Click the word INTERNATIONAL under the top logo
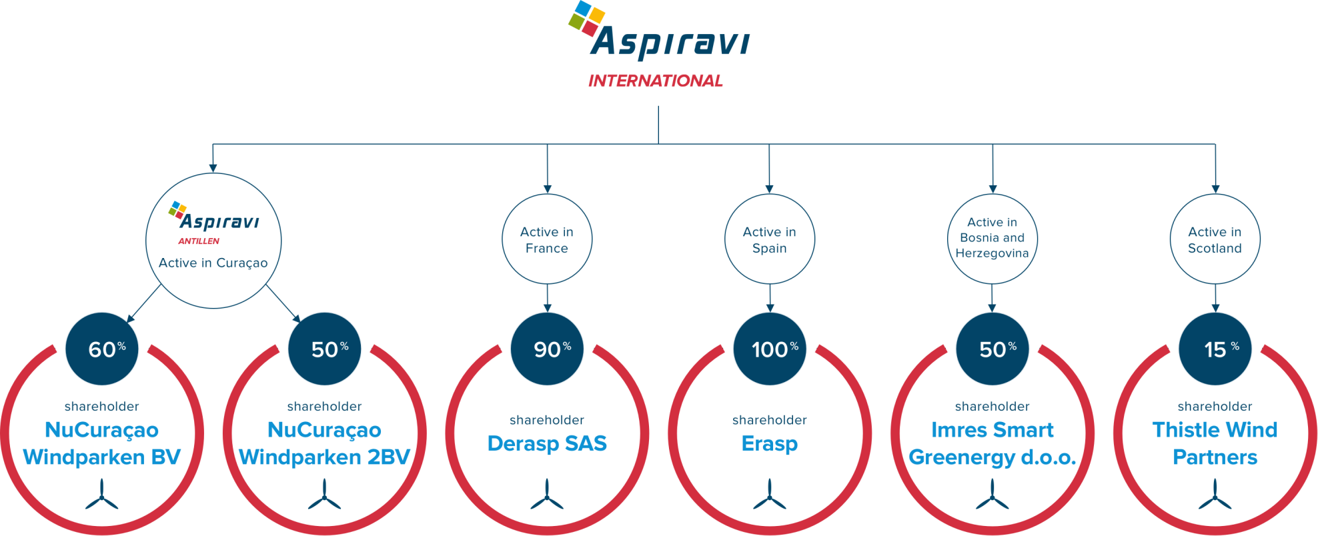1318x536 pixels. coord(655,81)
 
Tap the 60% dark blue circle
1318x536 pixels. coord(102,349)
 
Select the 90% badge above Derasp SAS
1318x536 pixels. coord(547,349)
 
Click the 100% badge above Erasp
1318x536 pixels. coord(770,349)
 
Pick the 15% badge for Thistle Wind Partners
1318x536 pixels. coord(1215,349)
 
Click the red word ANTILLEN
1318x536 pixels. coord(199,241)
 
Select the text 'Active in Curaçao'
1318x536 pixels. coord(213,263)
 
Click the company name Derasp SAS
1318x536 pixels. coord(547,443)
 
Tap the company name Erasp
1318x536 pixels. coord(770,444)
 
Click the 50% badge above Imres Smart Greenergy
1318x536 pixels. coord(993,349)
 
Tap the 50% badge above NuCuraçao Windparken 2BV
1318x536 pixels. coord(325,349)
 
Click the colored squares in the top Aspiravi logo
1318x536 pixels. coord(586,18)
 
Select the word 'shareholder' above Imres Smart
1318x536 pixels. coord(993,407)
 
